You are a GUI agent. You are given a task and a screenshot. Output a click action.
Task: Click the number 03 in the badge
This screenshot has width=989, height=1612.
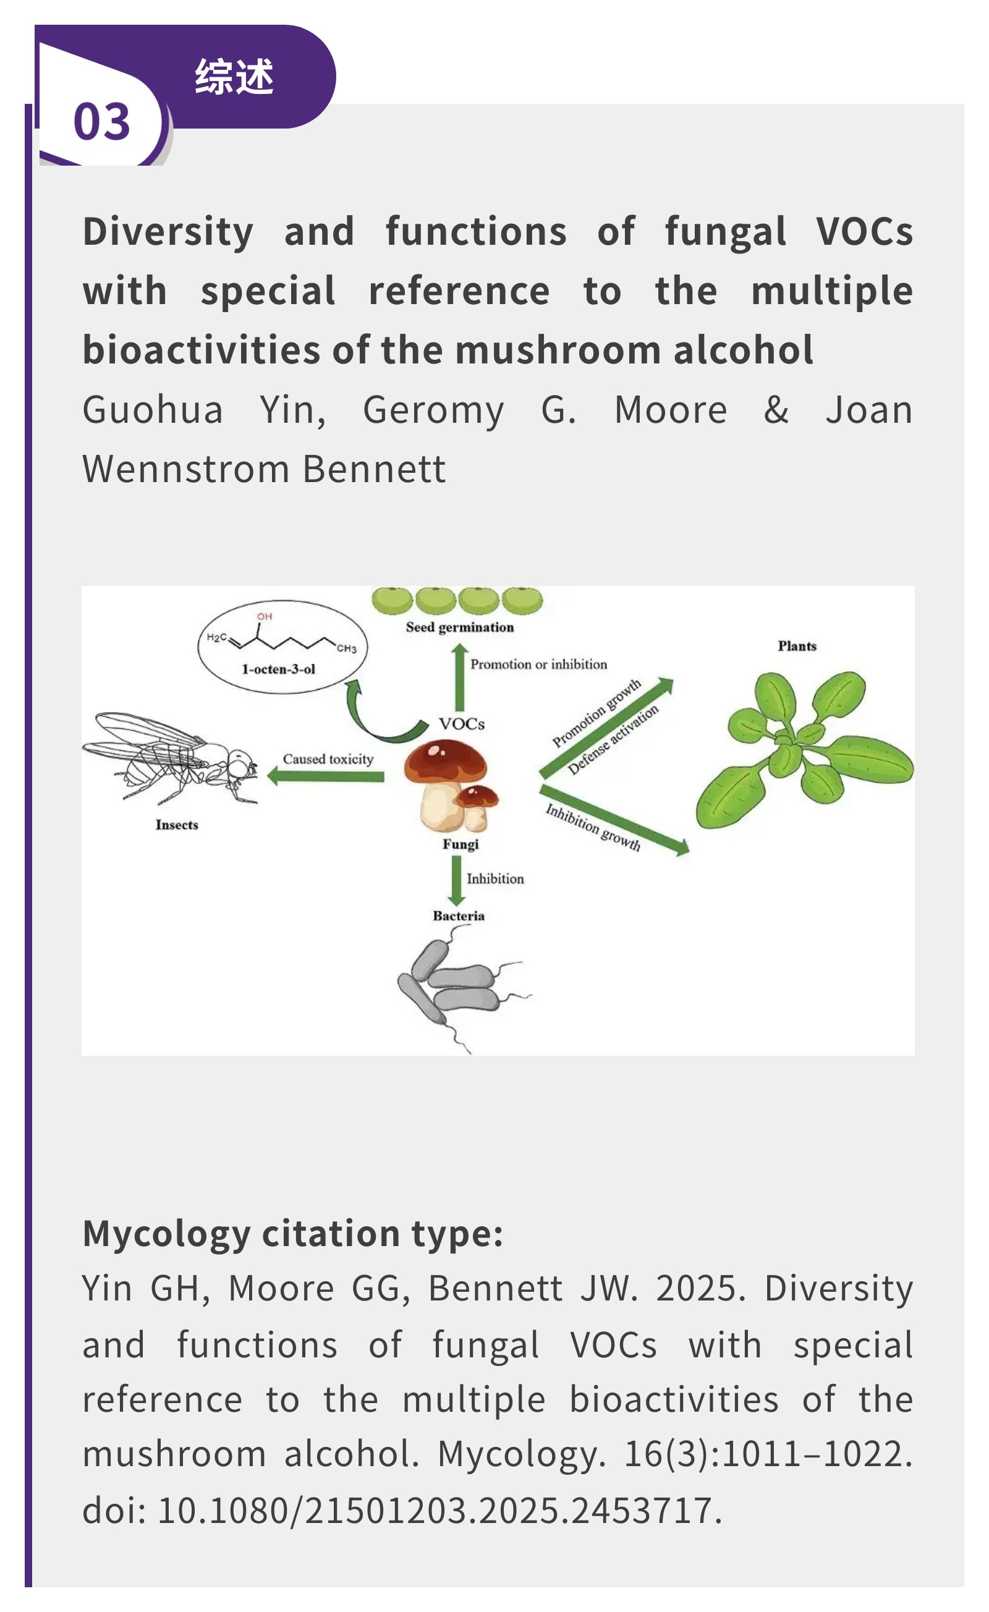point(101,122)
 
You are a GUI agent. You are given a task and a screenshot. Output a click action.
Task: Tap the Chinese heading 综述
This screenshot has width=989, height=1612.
point(234,77)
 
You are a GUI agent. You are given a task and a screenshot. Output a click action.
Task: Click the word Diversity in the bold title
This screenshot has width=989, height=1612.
point(168,232)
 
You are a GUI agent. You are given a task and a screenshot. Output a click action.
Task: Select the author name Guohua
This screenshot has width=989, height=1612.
point(153,410)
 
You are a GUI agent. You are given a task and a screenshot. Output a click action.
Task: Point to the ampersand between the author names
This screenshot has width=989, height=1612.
point(776,410)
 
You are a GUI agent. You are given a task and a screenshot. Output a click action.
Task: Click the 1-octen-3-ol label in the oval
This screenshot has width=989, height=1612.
point(279,669)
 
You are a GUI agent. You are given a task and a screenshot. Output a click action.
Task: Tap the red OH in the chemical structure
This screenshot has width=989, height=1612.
point(265,616)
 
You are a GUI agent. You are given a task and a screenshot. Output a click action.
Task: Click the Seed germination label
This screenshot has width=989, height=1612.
point(460,627)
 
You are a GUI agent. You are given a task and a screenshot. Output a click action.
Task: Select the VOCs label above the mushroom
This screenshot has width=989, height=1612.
point(462,724)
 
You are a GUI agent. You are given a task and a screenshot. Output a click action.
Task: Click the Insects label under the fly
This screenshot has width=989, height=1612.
point(177,825)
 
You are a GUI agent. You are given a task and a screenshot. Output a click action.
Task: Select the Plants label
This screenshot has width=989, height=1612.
point(797,647)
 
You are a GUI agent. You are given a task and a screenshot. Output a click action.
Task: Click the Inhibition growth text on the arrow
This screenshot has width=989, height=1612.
point(593,827)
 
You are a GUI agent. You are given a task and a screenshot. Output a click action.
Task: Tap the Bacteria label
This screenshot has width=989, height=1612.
point(459,916)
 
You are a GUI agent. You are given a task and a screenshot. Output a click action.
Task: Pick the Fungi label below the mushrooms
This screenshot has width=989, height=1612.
point(461,844)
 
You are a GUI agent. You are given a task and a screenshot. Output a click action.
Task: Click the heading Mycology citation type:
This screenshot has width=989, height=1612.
point(292,1234)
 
